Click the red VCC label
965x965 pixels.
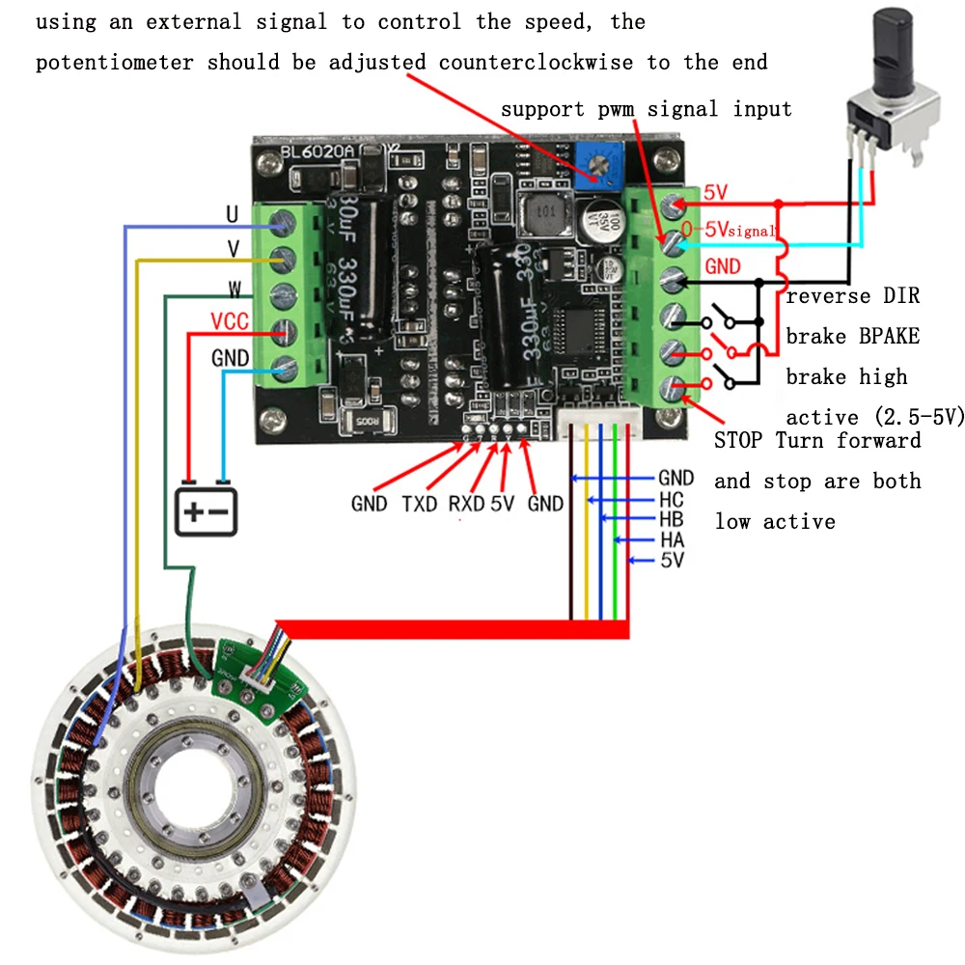[231, 321]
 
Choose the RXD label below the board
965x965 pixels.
[466, 504]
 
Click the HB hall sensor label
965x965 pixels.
[672, 519]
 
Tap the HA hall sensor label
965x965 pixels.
[672, 540]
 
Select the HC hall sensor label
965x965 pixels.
[672, 499]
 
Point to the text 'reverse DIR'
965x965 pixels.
[853, 296]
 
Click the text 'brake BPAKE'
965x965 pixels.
[853, 337]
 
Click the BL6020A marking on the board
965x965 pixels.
[317, 152]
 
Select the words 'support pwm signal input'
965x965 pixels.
[646, 109]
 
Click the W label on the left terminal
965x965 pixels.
[234, 288]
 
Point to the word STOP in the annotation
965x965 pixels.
[740, 441]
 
